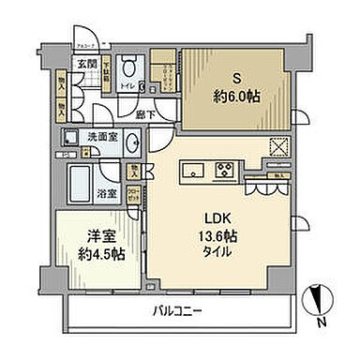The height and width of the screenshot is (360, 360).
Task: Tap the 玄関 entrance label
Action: [87, 63]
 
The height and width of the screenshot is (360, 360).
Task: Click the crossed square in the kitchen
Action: [277, 148]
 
